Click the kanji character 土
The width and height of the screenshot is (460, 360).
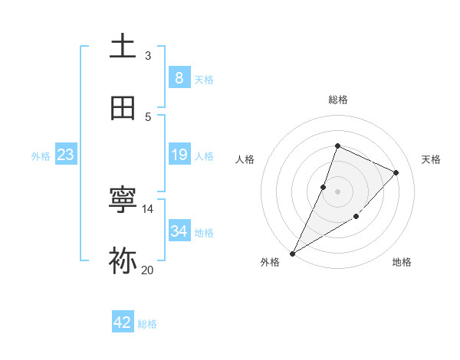pyautogui.click(x=123, y=47)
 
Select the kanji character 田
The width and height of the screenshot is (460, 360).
pyautogui.click(x=123, y=108)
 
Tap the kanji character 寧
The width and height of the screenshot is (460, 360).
pyautogui.click(x=123, y=201)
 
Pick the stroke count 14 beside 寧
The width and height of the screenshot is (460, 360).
pyautogui.click(x=147, y=208)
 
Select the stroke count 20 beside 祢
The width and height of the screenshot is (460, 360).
pyautogui.click(x=147, y=270)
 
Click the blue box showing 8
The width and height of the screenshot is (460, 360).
pyautogui.click(x=179, y=78)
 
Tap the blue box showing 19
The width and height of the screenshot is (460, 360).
pyautogui.click(x=179, y=155)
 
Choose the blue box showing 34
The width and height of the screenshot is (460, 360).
pyautogui.click(x=179, y=231)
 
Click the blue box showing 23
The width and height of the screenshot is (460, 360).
pyautogui.click(x=65, y=155)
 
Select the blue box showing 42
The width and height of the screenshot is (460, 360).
pyautogui.click(x=123, y=322)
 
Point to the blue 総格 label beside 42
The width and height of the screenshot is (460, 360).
pyautogui.click(x=147, y=324)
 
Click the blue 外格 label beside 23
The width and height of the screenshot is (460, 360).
pyautogui.click(x=41, y=156)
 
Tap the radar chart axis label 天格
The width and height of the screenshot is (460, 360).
pyautogui.click(x=432, y=159)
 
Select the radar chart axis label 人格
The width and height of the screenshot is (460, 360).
pyautogui.click(x=245, y=159)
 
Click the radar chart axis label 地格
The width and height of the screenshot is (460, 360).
pyautogui.click(x=402, y=262)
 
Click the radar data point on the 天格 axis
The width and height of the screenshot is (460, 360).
pyautogui.click(x=396, y=172)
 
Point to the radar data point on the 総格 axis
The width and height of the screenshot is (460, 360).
pyautogui.click(x=337, y=146)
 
